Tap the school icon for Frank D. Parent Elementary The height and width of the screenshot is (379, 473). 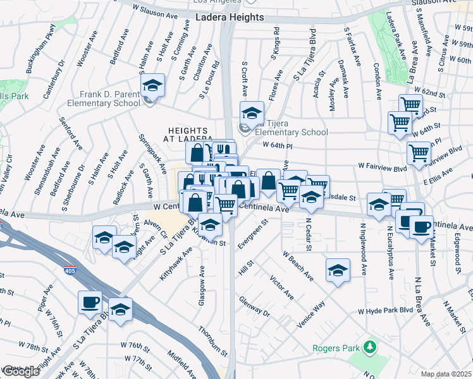[x=152, y=85]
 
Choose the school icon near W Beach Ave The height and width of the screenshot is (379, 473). [x=338, y=270]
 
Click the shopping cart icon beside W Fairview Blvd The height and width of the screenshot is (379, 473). [x=419, y=153]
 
